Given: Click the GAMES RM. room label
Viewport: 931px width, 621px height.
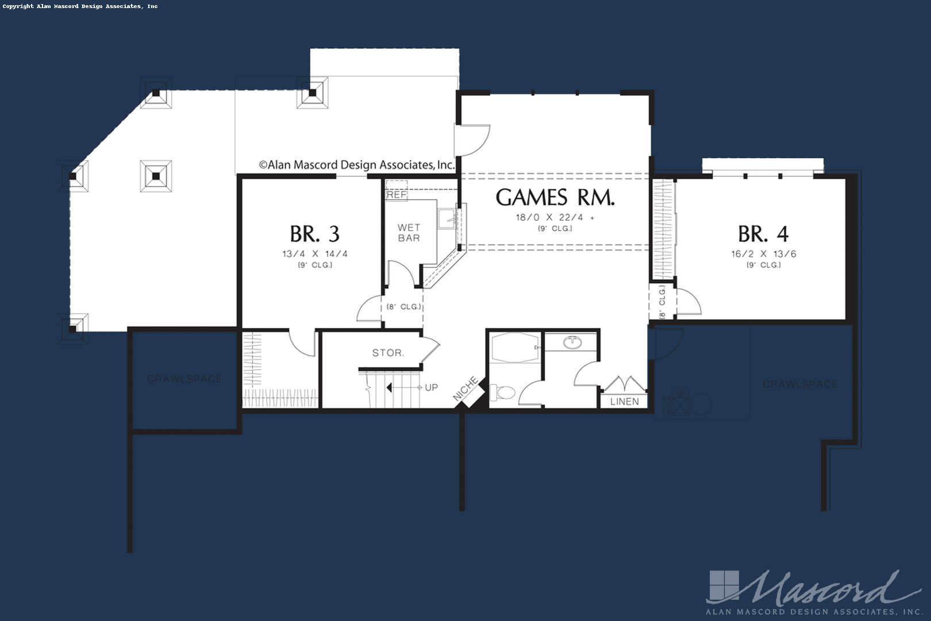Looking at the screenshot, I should tap(555, 198).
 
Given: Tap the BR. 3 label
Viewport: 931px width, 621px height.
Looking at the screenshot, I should tap(314, 234).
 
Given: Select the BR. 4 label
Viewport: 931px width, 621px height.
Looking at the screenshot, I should tap(763, 234).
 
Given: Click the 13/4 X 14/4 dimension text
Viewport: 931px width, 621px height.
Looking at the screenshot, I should tap(315, 254).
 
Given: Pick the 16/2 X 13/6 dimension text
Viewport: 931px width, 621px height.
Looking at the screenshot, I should tap(763, 254).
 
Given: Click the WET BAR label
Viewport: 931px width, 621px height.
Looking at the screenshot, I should tap(409, 232).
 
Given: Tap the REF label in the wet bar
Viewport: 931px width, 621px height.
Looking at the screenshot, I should tap(397, 194).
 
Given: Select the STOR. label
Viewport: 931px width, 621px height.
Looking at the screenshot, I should tap(388, 352).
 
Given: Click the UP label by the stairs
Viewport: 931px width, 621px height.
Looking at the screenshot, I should tap(431, 388).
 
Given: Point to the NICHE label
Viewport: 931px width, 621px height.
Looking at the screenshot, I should tap(466, 389).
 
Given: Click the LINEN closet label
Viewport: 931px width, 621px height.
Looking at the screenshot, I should tap(624, 401).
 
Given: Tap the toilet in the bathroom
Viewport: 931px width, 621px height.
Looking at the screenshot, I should tap(503, 393).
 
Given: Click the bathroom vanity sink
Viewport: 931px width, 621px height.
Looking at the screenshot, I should tap(572, 343).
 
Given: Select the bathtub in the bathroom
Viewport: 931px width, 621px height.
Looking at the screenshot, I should tap(515, 348).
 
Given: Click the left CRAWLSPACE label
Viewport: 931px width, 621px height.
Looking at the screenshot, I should tap(184, 379).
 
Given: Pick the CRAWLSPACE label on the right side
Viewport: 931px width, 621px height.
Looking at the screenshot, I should tap(800, 384).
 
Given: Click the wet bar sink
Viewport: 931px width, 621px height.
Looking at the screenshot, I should tap(447, 218).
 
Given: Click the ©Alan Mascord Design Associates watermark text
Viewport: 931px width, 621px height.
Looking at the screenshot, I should tap(356, 165).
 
